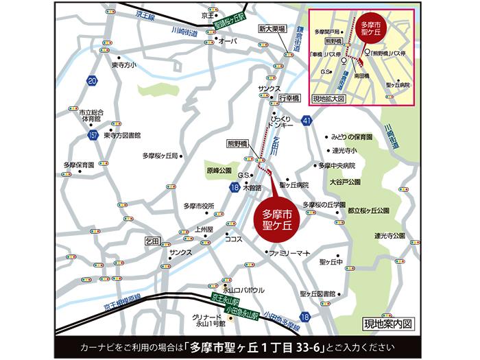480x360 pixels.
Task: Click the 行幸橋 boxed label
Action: coord(289,99)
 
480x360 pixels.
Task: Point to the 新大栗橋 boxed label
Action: coord(272,29)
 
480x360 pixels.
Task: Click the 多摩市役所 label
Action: coord(200,206)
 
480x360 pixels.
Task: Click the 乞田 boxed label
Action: coord(153,241)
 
